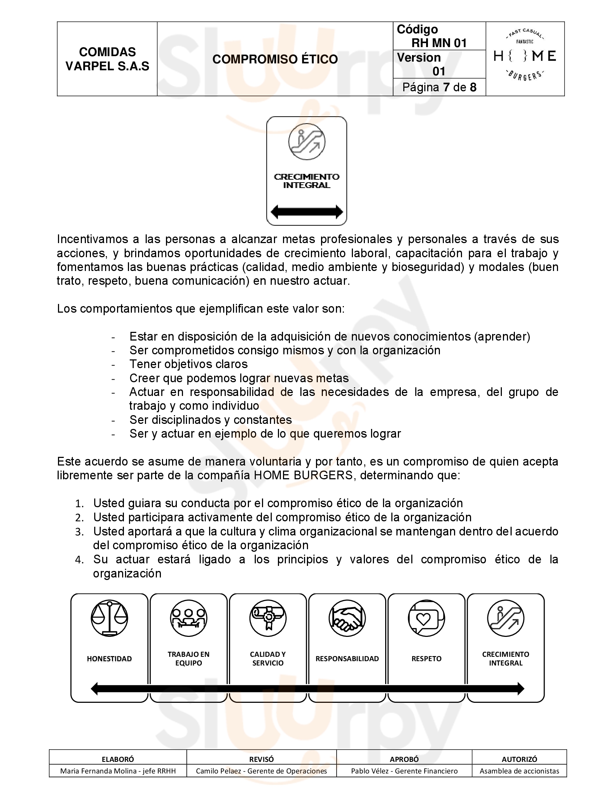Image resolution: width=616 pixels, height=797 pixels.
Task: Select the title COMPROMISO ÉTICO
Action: point(275,59)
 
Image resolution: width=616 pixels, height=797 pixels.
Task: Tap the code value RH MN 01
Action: point(439,43)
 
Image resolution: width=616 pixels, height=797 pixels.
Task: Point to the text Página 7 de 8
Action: point(439,87)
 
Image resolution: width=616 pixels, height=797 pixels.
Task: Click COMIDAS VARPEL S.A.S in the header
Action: point(107,59)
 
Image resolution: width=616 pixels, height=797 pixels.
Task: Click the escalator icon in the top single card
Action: point(307,142)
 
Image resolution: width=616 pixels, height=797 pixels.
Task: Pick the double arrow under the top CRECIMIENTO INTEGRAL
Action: point(307,212)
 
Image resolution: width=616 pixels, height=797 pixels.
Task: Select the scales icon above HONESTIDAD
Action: point(109,618)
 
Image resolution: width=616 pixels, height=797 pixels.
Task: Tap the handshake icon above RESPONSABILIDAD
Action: point(347,618)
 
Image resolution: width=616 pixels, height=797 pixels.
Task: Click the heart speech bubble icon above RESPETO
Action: point(426,618)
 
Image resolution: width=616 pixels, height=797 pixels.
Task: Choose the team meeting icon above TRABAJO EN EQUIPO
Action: point(188,618)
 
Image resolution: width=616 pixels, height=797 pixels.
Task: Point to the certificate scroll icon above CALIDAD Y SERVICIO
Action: point(268,618)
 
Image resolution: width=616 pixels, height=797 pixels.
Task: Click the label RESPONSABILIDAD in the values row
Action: point(347,659)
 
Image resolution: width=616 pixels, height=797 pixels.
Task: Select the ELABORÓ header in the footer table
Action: point(118,759)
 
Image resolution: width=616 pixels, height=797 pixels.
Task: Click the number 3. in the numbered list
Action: point(80,533)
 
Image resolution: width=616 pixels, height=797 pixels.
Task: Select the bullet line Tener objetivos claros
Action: point(188,364)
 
